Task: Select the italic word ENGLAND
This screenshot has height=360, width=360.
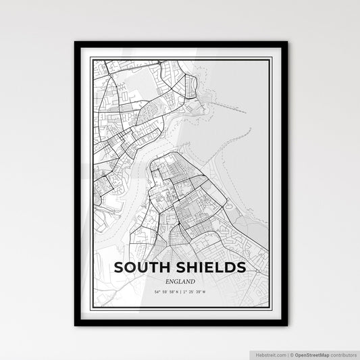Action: tap(180, 281)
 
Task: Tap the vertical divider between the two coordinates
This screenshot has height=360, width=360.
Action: tap(180, 290)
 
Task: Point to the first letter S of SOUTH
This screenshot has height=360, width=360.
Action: tap(120, 267)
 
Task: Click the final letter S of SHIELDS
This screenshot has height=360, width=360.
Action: tap(240, 267)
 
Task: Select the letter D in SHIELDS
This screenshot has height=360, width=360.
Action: tap(228, 267)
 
